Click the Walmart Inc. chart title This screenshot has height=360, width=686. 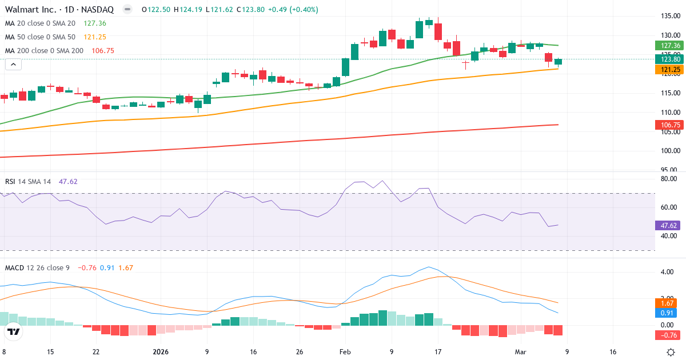click(59, 10)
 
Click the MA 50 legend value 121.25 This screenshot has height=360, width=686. click(95, 37)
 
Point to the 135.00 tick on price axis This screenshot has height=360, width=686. click(668, 16)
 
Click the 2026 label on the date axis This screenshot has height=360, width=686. click(161, 352)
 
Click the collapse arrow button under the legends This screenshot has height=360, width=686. click(14, 65)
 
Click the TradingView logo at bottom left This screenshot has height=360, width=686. click(14, 331)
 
